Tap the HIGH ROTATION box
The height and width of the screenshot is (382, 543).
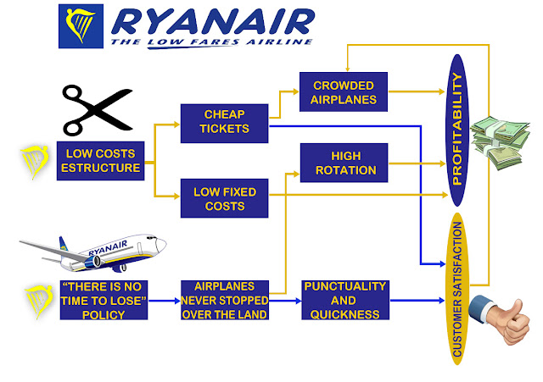(x=344, y=161)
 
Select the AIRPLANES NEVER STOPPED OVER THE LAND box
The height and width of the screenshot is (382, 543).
(x=225, y=299)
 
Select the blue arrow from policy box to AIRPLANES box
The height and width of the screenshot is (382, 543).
(x=164, y=299)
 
